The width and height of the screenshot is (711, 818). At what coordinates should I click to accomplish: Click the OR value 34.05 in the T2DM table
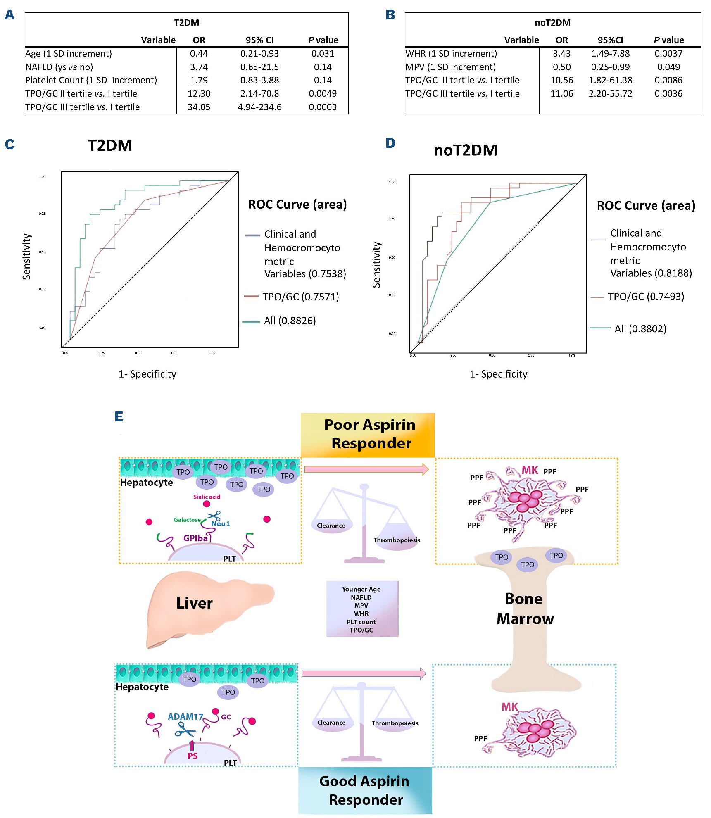pyautogui.click(x=199, y=107)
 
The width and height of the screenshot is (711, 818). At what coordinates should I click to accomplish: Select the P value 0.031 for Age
pyautogui.click(x=323, y=53)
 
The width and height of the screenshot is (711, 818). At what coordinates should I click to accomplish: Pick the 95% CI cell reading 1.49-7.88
pyautogui.click(x=610, y=53)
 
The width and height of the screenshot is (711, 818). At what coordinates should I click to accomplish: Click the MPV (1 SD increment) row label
pyautogui.click(x=450, y=67)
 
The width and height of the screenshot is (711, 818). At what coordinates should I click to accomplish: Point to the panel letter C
pyautogui.click(x=10, y=144)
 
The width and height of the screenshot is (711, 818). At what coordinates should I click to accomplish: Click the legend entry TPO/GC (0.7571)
pyautogui.click(x=300, y=297)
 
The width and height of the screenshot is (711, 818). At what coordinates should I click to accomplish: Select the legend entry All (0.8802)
pyautogui.click(x=640, y=328)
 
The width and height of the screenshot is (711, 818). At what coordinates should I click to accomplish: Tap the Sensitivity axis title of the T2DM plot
pyautogui.click(x=26, y=257)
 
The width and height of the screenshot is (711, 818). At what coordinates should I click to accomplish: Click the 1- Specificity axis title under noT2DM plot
pyautogui.click(x=498, y=374)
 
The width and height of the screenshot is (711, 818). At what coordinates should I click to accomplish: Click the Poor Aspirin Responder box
pyautogui.click(x=368, y=435)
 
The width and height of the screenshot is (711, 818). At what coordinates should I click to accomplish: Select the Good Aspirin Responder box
pyautogui.click(x=365, y=790)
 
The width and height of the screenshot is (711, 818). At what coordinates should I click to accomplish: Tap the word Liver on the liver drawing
pyautogui.click(x=194, y=603)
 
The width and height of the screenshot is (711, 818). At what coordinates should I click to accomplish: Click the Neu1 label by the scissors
pyautogui.click(x=221, y=523)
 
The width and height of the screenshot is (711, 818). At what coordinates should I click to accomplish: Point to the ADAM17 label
pyautogui.click(x=185, y=717)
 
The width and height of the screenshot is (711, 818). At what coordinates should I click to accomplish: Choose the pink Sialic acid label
pyautogui.click(x=207, y=497)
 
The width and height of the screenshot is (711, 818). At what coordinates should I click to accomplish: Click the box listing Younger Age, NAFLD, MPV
pyautogui.click(x=362, y=609)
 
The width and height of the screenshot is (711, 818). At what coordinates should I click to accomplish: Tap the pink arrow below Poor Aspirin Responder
pyautogui.click(x=366, y=469)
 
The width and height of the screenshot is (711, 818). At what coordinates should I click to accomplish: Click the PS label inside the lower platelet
pyautogui.click(x=193, y=756)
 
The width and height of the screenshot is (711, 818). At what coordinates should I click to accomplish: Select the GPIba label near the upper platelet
pyautogui.click(x=196, y=538)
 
